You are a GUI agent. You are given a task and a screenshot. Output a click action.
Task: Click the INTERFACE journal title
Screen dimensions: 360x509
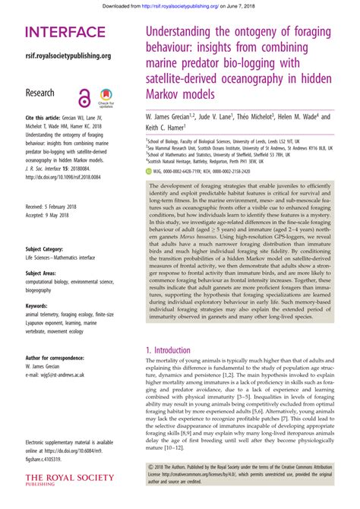(x=65, y=33)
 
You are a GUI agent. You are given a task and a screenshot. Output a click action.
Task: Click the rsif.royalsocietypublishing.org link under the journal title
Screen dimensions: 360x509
(x=68, y=55)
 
